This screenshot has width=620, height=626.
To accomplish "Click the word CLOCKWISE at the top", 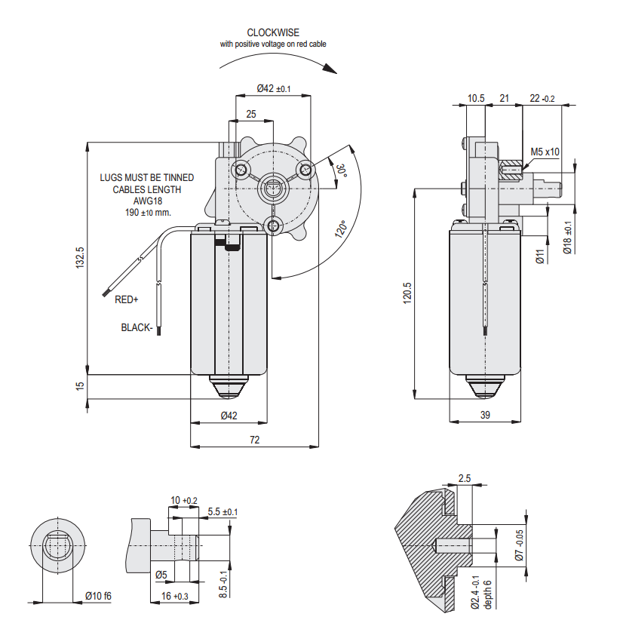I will (x=272, y=32).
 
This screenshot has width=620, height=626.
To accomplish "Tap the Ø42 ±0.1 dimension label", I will (x=273, y=88).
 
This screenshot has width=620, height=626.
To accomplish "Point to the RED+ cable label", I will (x=127, y=300).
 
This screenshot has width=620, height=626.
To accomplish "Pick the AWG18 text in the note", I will (x=148, y=201).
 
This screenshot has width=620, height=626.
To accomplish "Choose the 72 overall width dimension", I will (x=255, y=439).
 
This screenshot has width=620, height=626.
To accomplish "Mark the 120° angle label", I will (x=341, y=229).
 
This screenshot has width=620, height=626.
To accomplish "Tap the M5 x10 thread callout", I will (x=545, y=152).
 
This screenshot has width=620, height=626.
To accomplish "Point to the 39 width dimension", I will (x=485, y=415).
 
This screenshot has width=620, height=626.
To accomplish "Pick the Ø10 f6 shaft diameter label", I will (x=97, y=596).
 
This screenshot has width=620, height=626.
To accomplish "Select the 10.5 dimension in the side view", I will (x=476, y=98).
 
